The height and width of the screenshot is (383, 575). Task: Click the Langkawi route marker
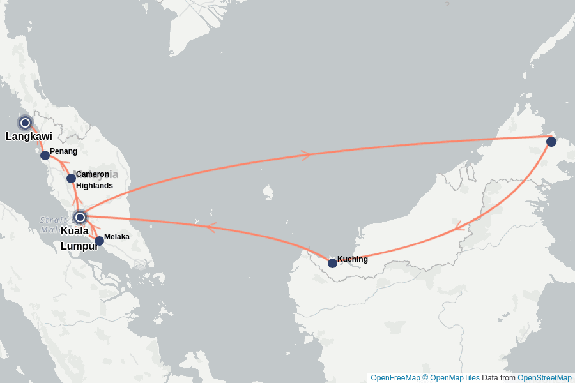(25, 123)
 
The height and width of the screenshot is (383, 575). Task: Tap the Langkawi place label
(29, 136)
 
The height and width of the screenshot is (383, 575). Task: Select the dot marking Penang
(45, 155)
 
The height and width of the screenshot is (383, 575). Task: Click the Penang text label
(63, 151)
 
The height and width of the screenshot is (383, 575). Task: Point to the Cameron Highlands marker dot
(71, 178)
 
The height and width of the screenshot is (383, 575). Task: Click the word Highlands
(94, 186)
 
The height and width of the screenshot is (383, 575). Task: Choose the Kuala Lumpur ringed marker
(80, 217)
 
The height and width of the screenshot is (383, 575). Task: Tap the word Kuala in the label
(74, 230)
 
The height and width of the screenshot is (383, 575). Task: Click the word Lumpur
(79, 246)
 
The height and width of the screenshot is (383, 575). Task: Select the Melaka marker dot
(99, 241)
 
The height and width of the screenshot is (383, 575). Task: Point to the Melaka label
(117, 237)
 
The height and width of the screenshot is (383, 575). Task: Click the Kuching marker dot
(332, 263)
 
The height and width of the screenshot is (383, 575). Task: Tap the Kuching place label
(352, 259)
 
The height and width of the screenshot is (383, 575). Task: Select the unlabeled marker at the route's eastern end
(551, 142)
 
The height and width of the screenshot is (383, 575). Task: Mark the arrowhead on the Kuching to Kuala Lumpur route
(210, 227)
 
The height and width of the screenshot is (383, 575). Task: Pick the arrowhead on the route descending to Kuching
(457, 227)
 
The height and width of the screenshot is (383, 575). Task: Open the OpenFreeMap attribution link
(395, 378)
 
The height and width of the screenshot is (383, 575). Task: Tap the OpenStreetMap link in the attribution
(544, 378)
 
